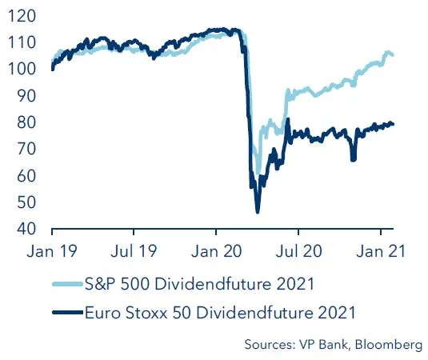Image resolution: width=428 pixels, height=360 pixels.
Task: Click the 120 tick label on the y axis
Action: (21, 16)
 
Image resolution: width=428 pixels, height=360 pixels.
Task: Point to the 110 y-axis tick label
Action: (21, 43)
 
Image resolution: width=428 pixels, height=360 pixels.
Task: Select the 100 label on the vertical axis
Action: (21, 70)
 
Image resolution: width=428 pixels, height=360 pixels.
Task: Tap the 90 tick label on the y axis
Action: (24, 96)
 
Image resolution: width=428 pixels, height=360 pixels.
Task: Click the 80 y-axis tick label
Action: (24, 123)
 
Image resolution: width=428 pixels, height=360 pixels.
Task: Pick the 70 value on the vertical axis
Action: (24, 150)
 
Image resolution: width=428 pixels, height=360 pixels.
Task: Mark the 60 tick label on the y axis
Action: (24, 176)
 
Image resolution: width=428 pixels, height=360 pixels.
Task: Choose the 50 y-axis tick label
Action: (24, 203)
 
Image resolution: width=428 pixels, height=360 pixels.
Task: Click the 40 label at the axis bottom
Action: (24, 230)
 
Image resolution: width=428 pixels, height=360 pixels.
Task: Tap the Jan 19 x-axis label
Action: (52, 250)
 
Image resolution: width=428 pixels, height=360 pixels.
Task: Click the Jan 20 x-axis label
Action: (217, 250)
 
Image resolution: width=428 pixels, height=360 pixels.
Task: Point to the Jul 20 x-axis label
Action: (298, 250)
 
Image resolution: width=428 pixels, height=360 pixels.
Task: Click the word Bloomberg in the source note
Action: (386, 345)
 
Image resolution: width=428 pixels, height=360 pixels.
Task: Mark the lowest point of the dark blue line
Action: (258, 211)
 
